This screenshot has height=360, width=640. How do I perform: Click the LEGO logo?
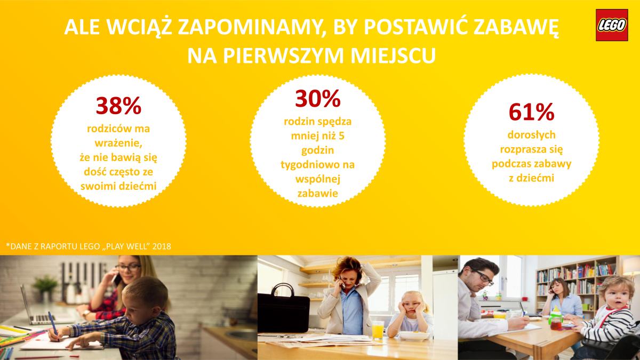[x=612, y=25]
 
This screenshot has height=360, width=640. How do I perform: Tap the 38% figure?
[x=118, y=106]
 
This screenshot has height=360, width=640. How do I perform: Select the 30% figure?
[x=318, y=99]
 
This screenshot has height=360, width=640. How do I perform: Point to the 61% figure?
[x=531, y=112]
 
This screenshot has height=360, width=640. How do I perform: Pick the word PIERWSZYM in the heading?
[x=283, y=55]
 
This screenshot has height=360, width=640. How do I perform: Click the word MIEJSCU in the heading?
[x=393, y=55]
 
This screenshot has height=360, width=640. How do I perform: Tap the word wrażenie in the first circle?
[x=118, y=143]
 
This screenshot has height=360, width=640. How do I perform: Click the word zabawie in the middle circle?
[x=318, y=194]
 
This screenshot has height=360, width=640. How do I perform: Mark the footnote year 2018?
[x=162, y=246]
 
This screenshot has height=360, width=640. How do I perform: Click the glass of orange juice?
[x=378, y=330]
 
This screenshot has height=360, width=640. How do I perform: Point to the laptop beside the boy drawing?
[x=37, y=308]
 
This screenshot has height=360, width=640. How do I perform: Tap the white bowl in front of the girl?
[x=414, y=335]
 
